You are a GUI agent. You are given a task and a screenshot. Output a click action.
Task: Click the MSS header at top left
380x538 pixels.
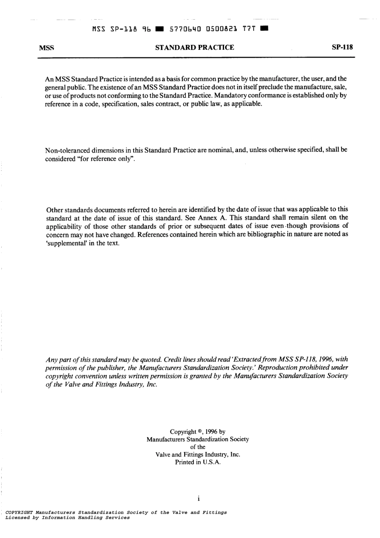click(x=46, y=48)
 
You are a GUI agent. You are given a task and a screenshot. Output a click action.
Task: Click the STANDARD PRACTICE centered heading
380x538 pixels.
click(x=194, y=48)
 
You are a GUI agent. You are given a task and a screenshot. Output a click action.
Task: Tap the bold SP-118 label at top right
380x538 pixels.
click(x=342, y=48)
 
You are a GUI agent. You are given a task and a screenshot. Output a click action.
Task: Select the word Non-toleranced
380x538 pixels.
click(x=66, y=151)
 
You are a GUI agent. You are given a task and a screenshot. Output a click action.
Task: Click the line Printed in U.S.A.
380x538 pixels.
click(x=198, y=462)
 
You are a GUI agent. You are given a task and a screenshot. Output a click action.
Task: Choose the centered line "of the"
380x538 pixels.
click(x=198, y=447)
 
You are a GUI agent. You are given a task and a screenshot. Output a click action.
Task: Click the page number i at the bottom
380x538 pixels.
click(x=198, y=499)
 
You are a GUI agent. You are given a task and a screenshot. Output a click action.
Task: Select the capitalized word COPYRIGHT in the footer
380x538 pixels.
click(x=19, y=512)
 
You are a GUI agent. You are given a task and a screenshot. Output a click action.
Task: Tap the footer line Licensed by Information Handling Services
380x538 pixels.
click(x=67, y=518)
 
